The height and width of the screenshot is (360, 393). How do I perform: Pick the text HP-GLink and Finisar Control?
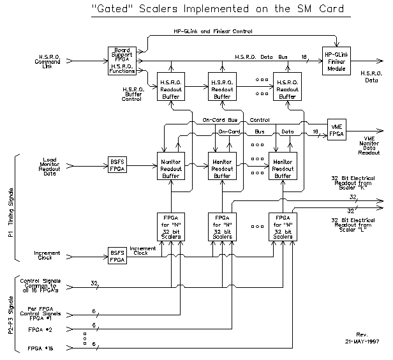[214, 31]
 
